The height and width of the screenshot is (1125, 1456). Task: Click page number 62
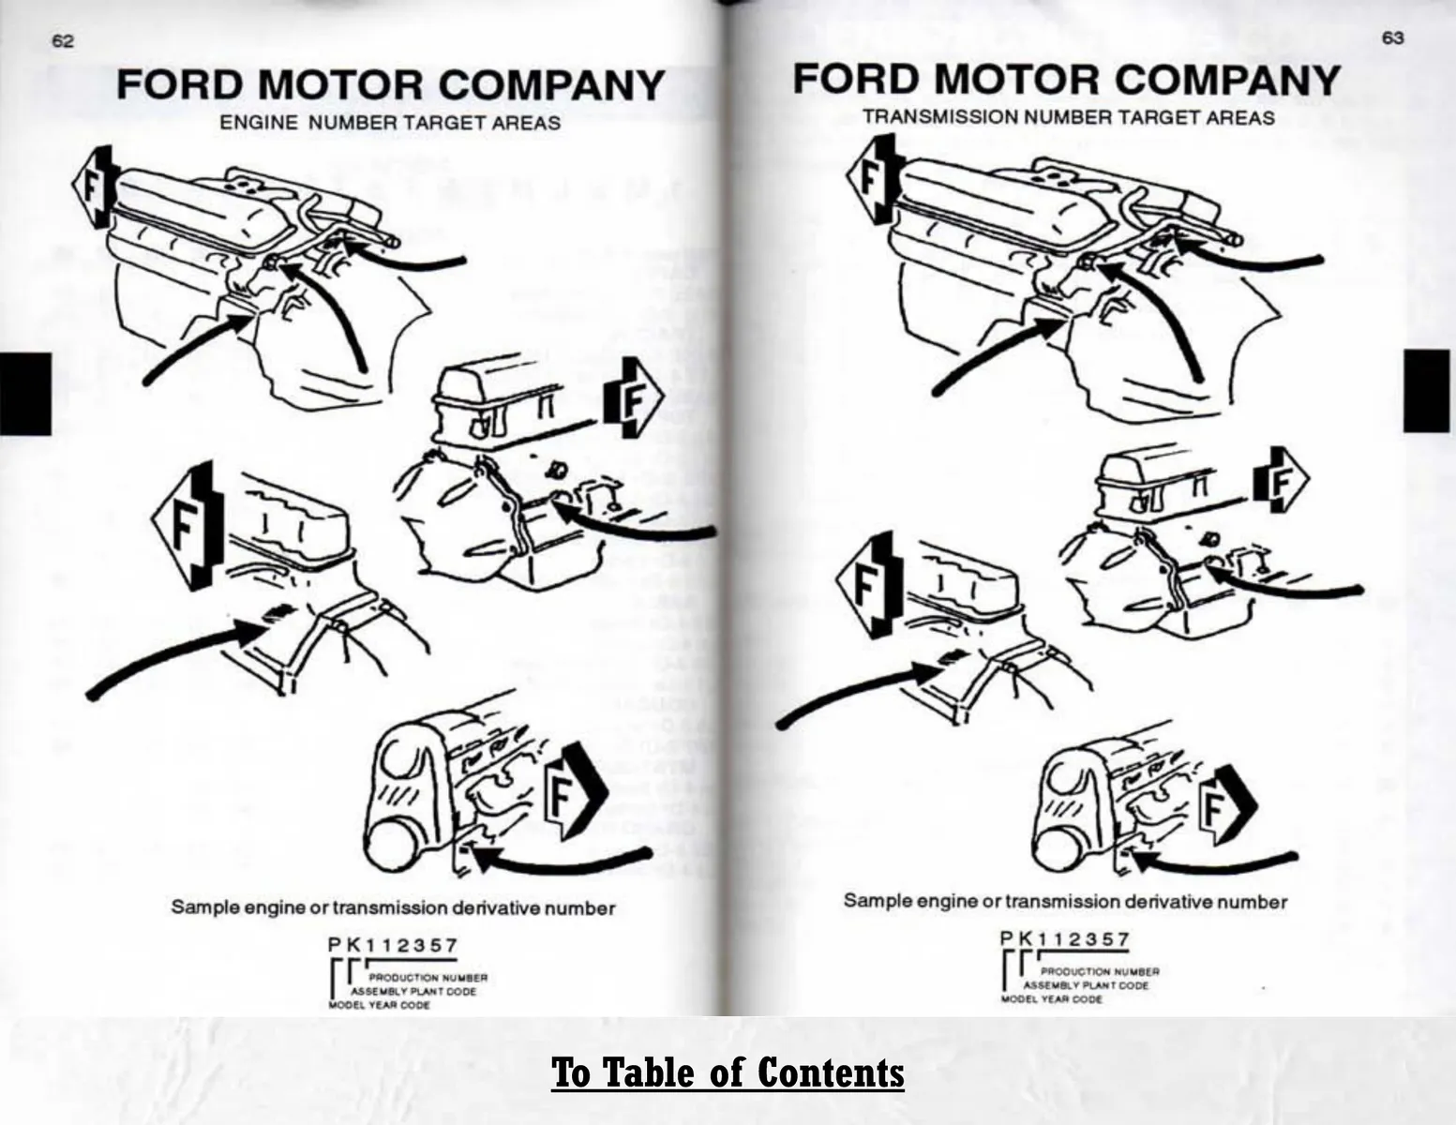point(63,41)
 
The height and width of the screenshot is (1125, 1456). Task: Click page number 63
point(1392,38)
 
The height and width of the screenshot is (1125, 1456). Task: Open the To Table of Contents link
point(728,1072)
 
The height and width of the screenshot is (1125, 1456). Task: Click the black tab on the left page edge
point(25,394)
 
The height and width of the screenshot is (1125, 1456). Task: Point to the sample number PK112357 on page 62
point(393,945)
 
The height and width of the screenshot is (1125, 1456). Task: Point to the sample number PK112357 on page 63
point(1065,938)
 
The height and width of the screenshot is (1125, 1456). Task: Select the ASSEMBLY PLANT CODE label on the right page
point(1085,985)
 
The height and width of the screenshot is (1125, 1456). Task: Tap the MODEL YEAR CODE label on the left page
point(379,1005)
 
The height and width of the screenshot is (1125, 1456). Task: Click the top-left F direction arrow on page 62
point(92,187)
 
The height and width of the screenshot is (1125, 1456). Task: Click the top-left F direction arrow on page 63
point(870,178)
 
